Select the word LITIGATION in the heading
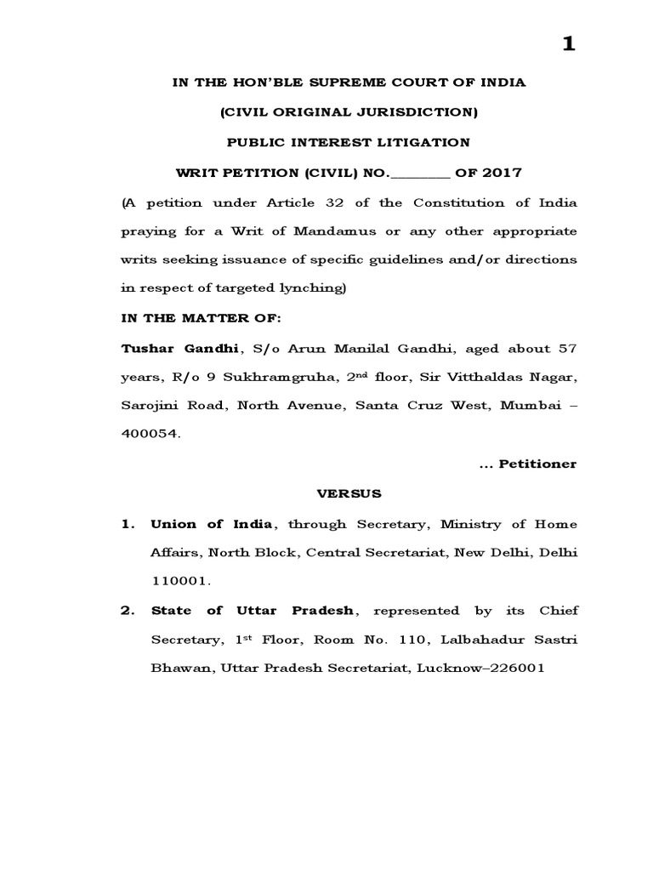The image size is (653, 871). click(417, 141)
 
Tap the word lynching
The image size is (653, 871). click(311, 288)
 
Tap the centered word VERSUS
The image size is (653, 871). click(350, 493)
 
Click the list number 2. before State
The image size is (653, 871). click(127, 610)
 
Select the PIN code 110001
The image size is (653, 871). click(178, 581)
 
